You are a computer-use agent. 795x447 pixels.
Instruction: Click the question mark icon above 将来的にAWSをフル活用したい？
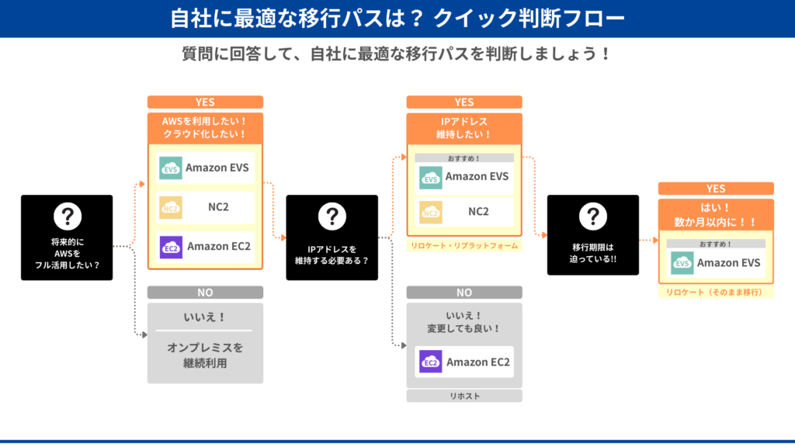click(x=67, y=217)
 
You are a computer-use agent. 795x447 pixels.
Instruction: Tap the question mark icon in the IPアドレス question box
click(x=332, y=217)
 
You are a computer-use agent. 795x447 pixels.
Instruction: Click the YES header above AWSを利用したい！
click(x=205, y=102)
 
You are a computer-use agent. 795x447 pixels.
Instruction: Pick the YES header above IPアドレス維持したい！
click(x=463, y=102)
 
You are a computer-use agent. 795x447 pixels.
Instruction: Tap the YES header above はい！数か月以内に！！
click(x=715, y=189)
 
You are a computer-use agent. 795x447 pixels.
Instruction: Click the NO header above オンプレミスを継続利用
click(x=205, y=293)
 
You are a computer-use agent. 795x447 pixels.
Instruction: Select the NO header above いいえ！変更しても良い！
click(x=463, y=293)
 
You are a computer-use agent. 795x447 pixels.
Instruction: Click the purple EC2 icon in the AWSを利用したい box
click(x=171, y=247)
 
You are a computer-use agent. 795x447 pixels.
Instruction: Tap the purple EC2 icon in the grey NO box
click(x=430, y=362)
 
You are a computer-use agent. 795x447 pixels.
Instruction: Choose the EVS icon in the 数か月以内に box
click(x=682, y=263)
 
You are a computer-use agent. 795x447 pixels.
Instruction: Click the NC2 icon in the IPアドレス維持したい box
click(x=430, y=211)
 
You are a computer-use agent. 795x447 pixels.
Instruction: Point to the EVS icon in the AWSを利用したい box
click(x=171, y=168)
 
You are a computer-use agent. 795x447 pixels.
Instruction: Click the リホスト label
click(x=463, y=396)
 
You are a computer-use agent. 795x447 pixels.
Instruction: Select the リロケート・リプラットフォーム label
click(x=463, y=245)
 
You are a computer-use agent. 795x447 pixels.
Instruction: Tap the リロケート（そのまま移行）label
click(x=715, y=292)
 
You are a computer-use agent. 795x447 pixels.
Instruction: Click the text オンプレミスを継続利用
click(x=205, y=355)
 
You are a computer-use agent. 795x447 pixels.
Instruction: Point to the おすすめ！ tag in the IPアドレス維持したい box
click(x=463, y=158)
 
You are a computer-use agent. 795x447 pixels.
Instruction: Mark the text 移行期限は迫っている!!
click(x=592, y=253)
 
